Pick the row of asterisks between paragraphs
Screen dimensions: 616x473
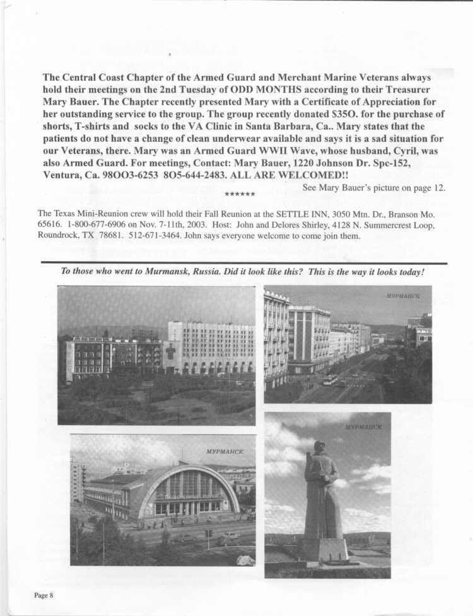(x=240, y=194)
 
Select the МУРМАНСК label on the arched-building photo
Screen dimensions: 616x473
(x=224, y=451)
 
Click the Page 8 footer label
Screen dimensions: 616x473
(x=43, y=596)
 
